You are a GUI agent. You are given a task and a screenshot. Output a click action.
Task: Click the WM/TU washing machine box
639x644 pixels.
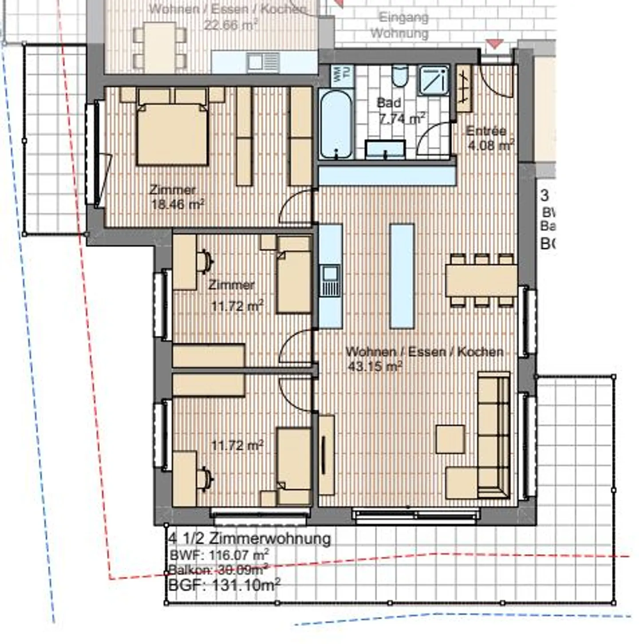click(343, 75)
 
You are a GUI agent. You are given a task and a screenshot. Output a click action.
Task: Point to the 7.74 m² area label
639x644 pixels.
click(402, 118)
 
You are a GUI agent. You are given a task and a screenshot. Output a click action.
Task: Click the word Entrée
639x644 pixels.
click(486, 131)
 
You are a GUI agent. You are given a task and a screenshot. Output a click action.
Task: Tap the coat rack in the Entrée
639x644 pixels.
click(464, 88)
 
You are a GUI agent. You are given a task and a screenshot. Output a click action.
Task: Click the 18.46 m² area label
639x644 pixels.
click(177, 204)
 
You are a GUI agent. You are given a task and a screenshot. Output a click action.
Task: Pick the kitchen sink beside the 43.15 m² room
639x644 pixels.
click(330, 281)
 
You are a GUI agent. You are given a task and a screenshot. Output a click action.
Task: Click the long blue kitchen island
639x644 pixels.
click(402, 275)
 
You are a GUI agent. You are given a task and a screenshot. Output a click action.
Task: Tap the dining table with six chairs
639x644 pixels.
click(481, 280)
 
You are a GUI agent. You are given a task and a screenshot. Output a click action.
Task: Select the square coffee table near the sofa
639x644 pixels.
click(450, 439)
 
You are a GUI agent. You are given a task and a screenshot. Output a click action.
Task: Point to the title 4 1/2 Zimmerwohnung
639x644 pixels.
click(250, 538)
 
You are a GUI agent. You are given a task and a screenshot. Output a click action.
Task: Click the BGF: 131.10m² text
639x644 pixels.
click(224, 585)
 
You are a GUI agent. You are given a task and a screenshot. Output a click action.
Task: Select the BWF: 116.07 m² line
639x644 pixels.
click(219, 555)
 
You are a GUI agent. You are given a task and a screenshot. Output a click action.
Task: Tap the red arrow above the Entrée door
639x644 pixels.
click(495, 44)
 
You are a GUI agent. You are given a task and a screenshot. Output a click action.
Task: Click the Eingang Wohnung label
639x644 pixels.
click(400, 25)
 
